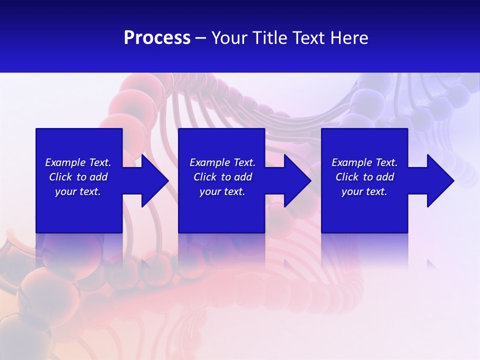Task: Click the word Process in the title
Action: tap(157, 38)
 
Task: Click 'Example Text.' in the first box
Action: tap(78, 162)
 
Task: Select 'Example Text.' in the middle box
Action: tap(222, 162)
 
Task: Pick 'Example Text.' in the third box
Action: tap(364, 162)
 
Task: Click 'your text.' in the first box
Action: tap(78, 191)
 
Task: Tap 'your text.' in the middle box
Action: tap(222, 191)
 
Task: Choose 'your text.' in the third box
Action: tap(364, 191)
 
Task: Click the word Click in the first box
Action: tap(60, 177)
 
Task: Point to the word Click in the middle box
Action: tap(205, 177)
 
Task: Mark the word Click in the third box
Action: tap(347, 177)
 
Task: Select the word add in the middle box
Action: tap(243, 177)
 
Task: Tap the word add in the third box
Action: tap(385, 177)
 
